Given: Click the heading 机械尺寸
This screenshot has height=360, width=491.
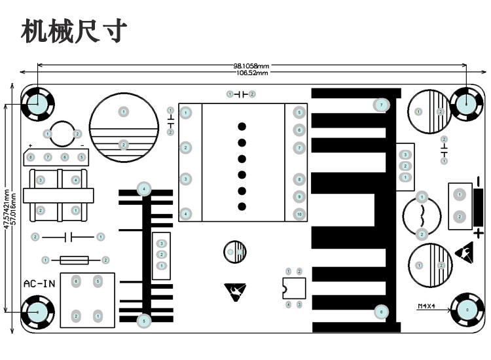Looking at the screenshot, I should pyautogui.click(x=73, y=30).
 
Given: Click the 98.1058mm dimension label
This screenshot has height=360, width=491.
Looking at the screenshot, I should pyautogui.click(x=251, y=66).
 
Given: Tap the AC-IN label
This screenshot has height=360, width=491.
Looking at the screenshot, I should pyautogui.click(x=39, y=284).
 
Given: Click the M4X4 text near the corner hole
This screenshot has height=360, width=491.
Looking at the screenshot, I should pyautogui.click(x=427, y=306).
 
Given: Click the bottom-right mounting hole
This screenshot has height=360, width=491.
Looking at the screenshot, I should pyautogui.click(x=467, y=309).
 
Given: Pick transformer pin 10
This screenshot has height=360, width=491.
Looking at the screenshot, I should pyautogui.click(x=299, y=214).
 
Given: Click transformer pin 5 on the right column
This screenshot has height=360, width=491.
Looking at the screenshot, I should pyautogui.click(x=299, y=113).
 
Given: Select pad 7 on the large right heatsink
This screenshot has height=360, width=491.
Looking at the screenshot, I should pyautogui.click(x=381, y=105).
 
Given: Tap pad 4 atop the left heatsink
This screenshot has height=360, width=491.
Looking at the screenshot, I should pyautogui.click(x=144, y=189).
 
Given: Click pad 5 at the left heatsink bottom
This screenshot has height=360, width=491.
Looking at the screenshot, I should pyautogui.click(x=144, y=321).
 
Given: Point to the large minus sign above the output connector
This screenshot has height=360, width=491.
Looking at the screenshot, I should pyautogui.click(x=479, y=179).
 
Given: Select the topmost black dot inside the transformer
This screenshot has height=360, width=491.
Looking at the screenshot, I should pyautogui.click(x=242, y=127).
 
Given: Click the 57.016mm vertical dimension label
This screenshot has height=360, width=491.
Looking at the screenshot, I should pyautogui.click(x=14, y=207).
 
